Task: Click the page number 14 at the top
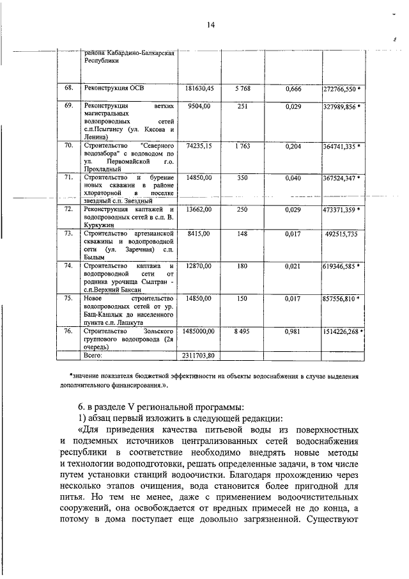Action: click(210, 25)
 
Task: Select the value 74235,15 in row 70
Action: click(200, 147)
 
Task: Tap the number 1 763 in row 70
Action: click(242, 147)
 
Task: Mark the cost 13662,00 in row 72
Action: click(200, 209)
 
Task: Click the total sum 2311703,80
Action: click(199, 355)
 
